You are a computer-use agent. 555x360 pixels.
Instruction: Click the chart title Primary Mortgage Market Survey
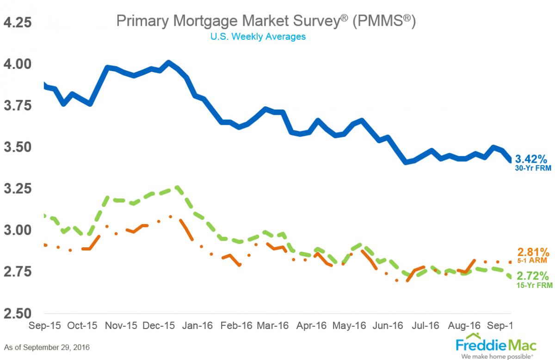[265, 20]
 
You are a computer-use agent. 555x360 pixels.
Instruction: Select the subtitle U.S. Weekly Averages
[258, 37]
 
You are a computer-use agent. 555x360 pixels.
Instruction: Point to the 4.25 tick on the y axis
[18, 22]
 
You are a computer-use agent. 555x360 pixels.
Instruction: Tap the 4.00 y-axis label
[18, 64]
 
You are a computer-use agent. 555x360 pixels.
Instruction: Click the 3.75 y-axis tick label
[18, 105]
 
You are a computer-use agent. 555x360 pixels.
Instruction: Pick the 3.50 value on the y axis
[18, 147]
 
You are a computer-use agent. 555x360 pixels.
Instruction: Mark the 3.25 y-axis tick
[18, 189]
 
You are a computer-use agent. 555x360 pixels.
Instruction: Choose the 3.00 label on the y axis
[18, 230]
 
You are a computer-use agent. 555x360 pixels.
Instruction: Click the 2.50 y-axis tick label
[18, 313]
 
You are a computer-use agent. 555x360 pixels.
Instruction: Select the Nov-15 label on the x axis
[121, 325]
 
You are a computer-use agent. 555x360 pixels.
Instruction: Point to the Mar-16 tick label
[272, 325]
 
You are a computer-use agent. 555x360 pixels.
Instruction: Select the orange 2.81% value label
[533, 252]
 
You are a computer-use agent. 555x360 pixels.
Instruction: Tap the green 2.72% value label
[533, 276]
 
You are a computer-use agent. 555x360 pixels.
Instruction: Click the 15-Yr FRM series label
[534, 286]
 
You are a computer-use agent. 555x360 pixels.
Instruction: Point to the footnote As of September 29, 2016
[47, 347]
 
